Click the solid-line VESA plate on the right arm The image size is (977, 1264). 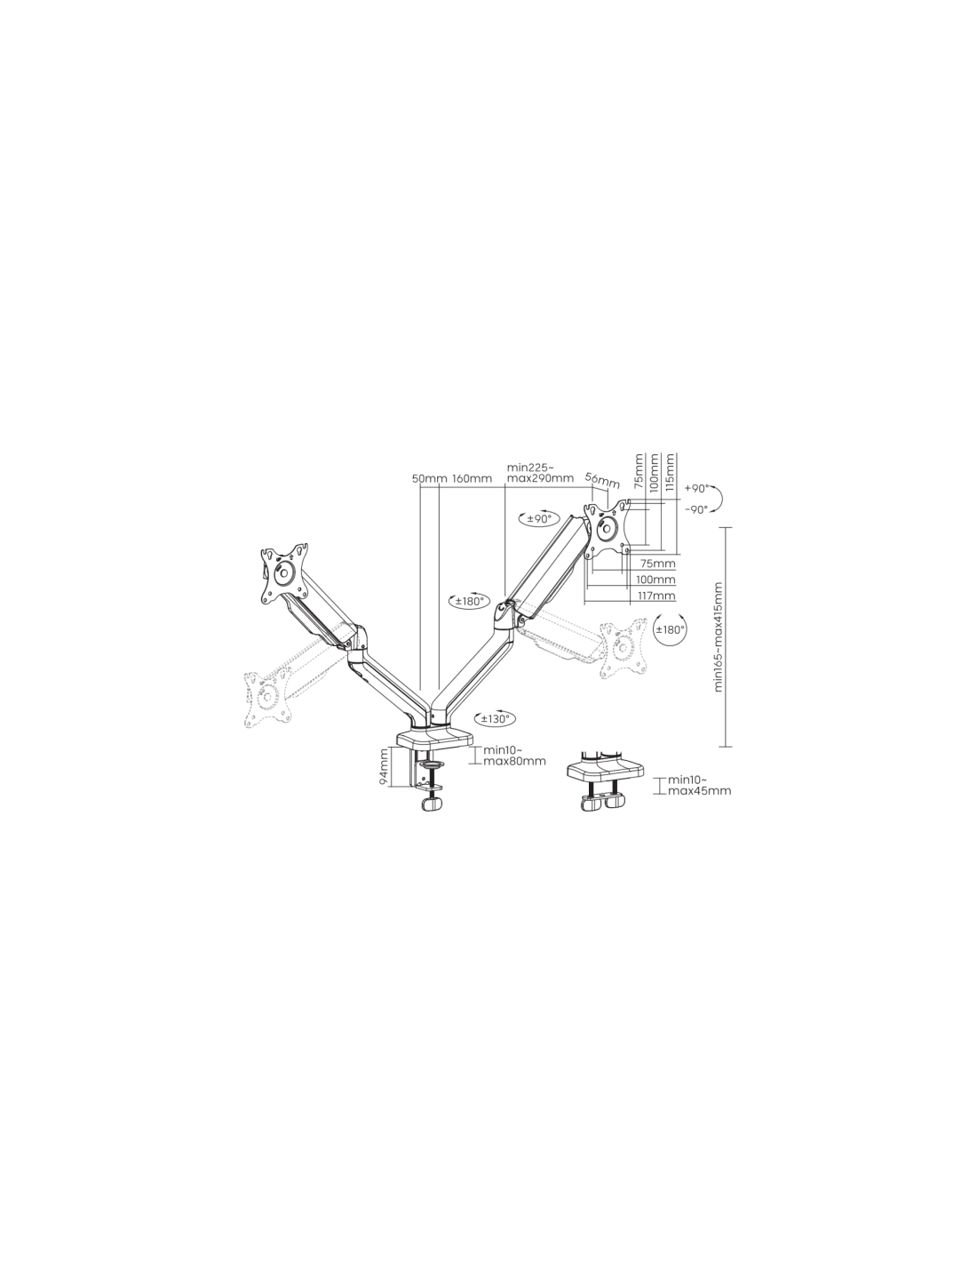pyautogui.click(x=608, y=529)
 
